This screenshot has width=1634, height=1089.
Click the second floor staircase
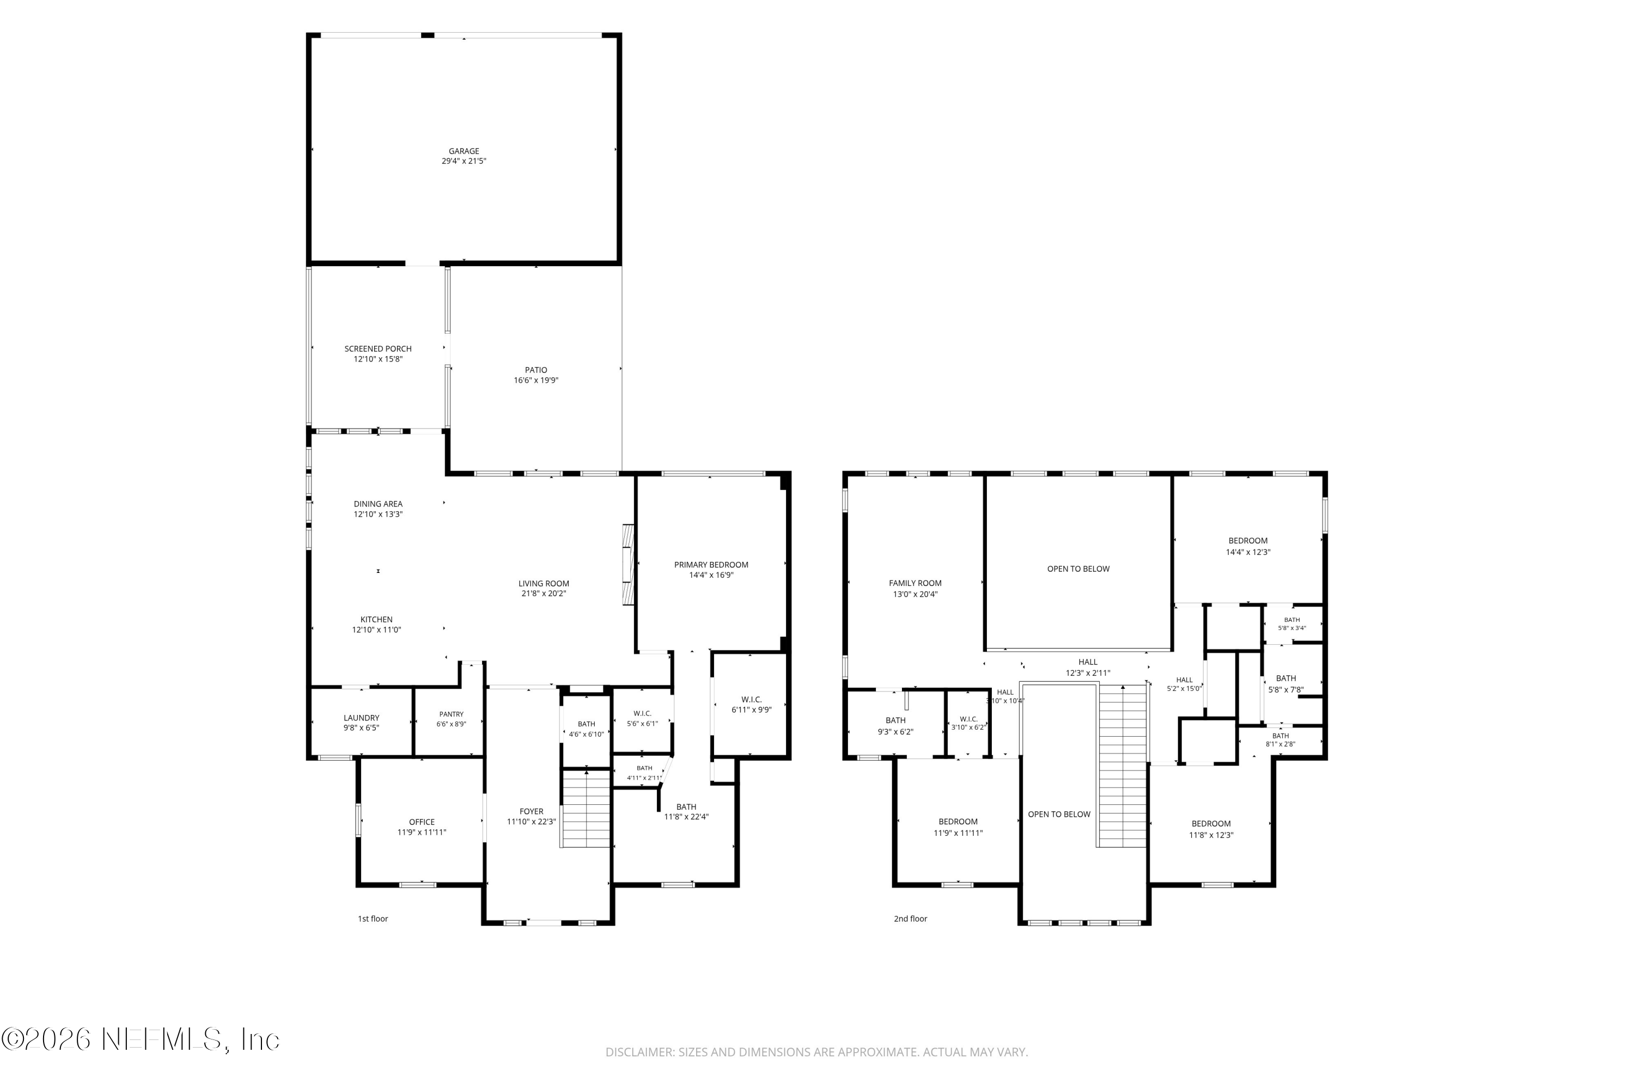click(1121, 766)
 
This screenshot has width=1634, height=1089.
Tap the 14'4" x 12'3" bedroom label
click(1248, 546)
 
